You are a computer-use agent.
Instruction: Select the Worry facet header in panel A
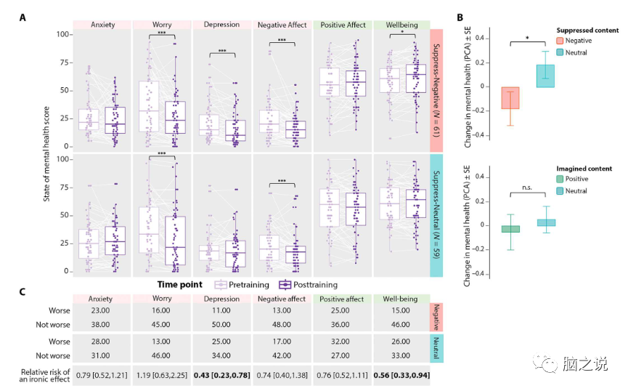(x=162, y=25)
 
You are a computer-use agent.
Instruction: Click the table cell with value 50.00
(x=222, y=325)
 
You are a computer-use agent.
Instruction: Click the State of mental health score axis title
(x=46, y=153)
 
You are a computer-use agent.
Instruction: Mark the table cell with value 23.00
(x=102, y=311)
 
